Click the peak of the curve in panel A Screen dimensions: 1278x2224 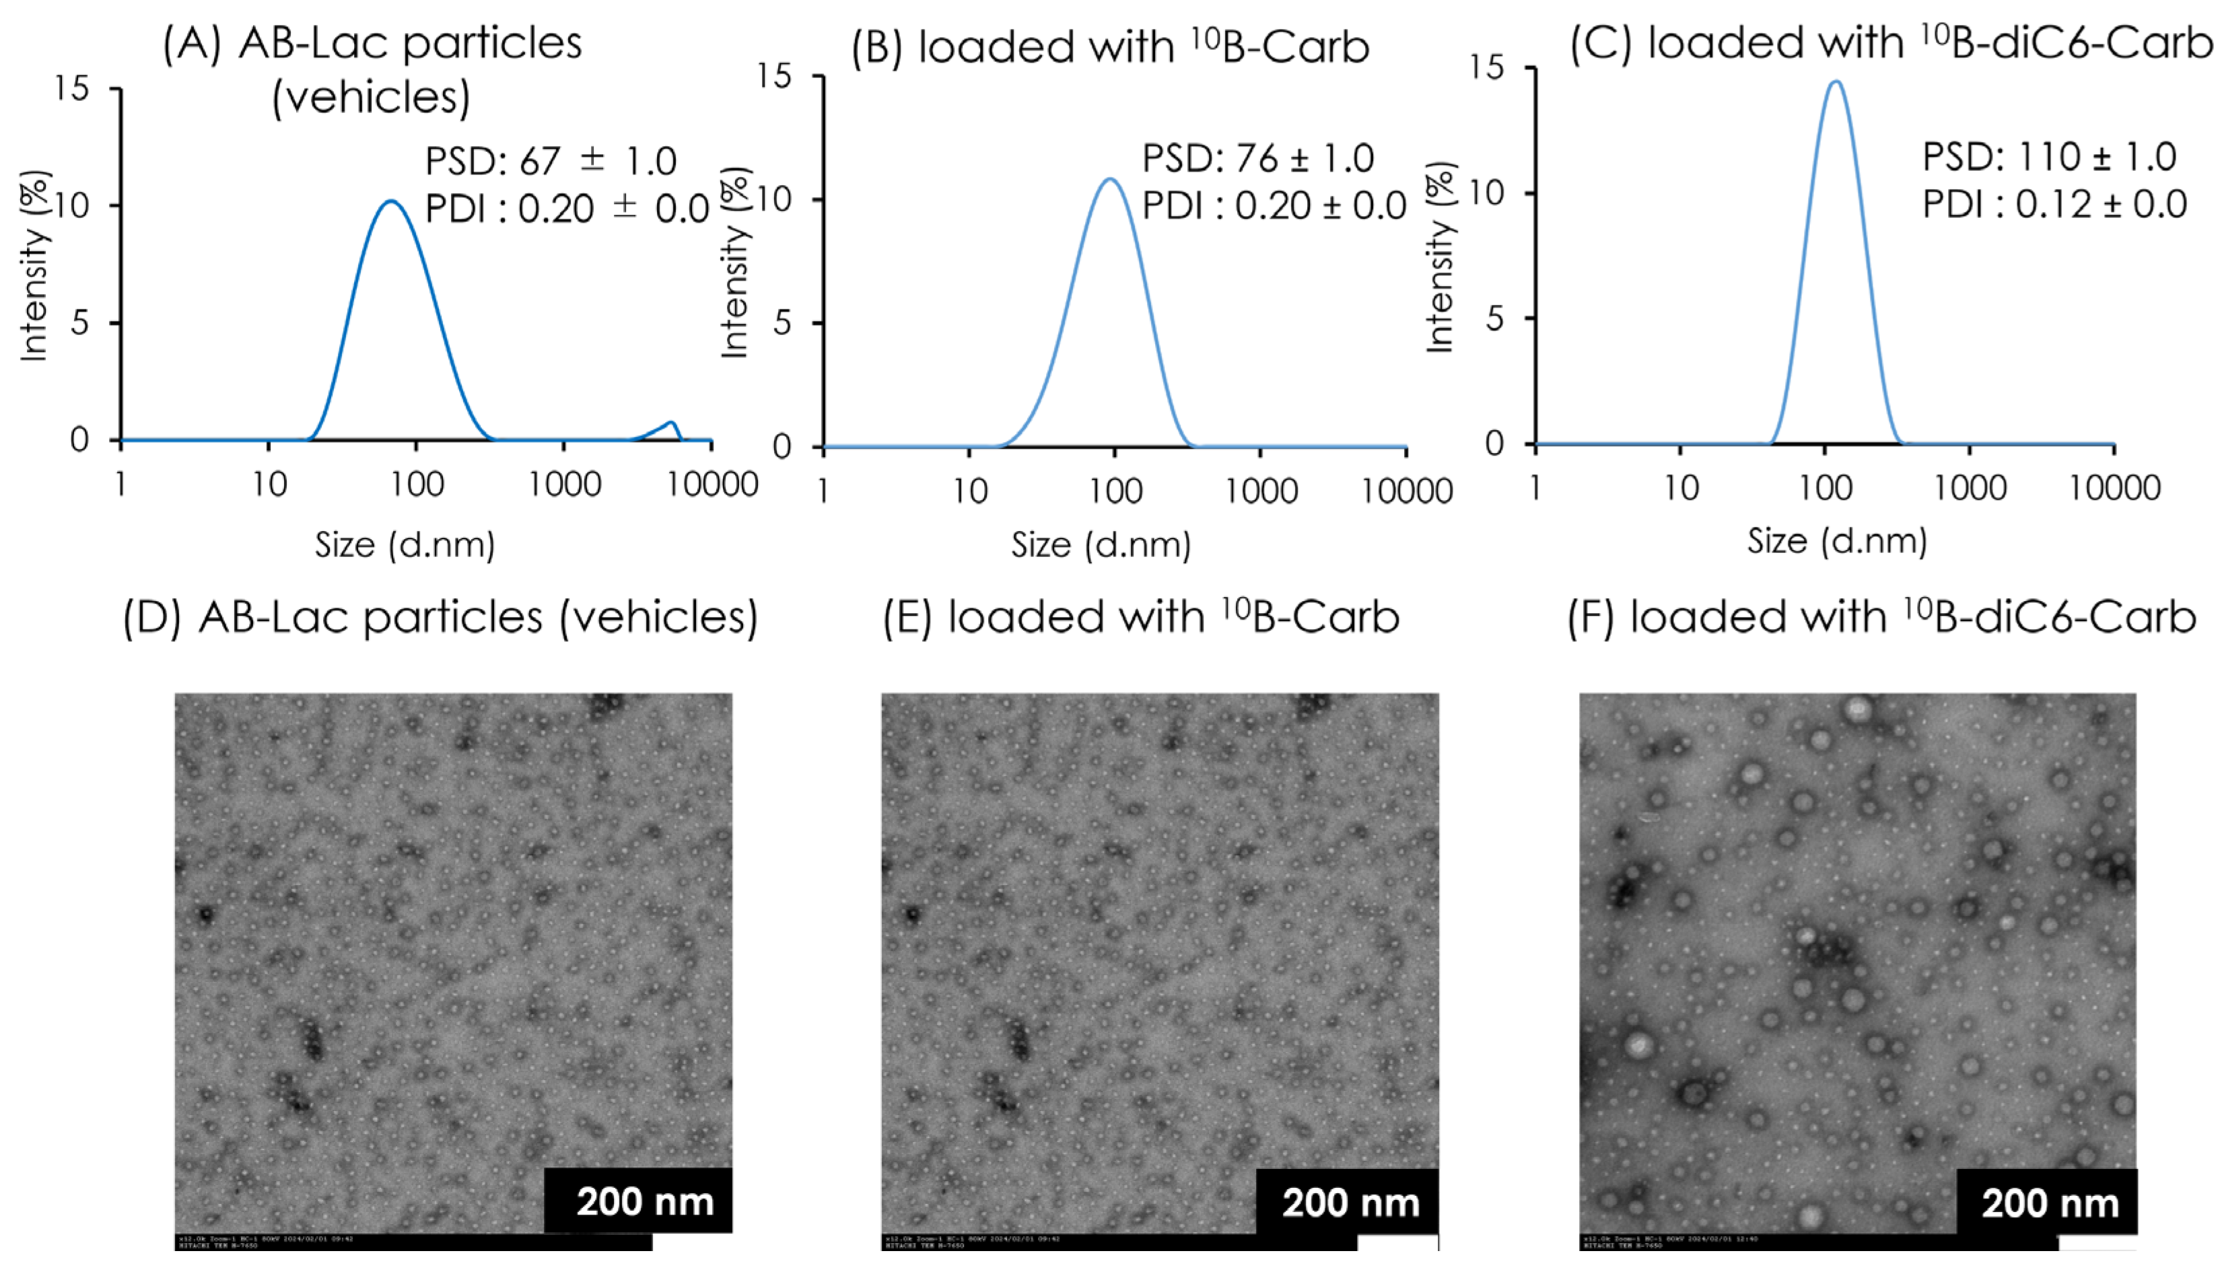click(390, 201)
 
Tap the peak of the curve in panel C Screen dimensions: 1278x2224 click(1835, 81)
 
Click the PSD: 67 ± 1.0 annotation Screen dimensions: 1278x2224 click(551, 161)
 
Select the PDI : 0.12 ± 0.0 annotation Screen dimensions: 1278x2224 click(2054, 205)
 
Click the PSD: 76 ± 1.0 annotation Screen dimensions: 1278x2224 click(1257, 159)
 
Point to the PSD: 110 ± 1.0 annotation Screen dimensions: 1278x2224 click(2048, 157)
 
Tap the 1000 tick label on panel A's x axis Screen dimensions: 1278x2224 click(564, 485)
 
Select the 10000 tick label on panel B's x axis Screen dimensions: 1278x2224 click(1406, 491)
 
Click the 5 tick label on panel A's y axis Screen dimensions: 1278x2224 click(80, 323)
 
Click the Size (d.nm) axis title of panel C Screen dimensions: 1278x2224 click(1836, 540)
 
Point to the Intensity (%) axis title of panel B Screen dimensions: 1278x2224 click(736, 263)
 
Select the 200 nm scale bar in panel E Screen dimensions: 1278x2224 click(1350, 1203)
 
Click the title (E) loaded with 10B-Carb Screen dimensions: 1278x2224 click(1140, 616)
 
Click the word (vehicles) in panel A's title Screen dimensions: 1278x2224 click(372, 96)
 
